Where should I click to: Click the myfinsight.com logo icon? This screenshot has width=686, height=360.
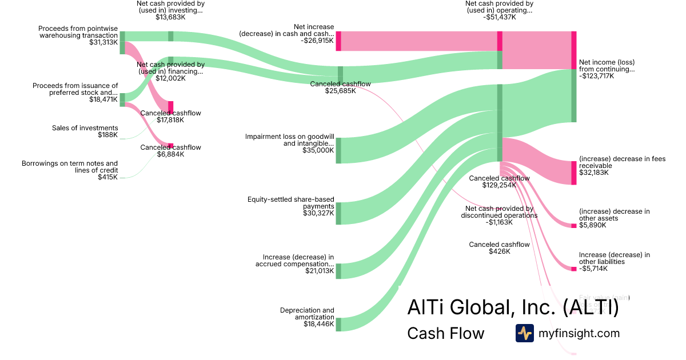(524, 333)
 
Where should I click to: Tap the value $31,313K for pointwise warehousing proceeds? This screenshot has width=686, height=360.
(103, 42)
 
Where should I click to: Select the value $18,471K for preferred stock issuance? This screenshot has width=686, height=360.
(103, 99)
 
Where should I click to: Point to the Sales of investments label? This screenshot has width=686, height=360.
(85, 128)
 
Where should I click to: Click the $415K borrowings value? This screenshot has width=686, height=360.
(107, 177)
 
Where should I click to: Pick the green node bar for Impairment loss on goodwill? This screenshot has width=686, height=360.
(338, 150)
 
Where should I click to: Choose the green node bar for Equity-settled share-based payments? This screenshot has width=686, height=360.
(338, 213)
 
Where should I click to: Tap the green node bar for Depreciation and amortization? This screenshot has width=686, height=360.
(338, 325)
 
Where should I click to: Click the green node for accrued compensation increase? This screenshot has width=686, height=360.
(338, 271)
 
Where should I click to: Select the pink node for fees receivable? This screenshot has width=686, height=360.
(574, 173)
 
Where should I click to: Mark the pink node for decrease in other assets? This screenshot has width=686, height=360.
(574, 226)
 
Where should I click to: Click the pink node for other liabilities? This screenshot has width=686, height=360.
(574, 269)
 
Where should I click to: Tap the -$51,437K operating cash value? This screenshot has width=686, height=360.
(499, 17)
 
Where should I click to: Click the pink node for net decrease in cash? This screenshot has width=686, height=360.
(338, 41)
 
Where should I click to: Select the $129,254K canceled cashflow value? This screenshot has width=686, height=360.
(499, 186)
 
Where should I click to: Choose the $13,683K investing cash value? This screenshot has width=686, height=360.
(170, 17)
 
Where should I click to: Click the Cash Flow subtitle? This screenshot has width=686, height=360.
(445, 334)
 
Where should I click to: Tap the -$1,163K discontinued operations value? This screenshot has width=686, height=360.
(499, 222)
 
